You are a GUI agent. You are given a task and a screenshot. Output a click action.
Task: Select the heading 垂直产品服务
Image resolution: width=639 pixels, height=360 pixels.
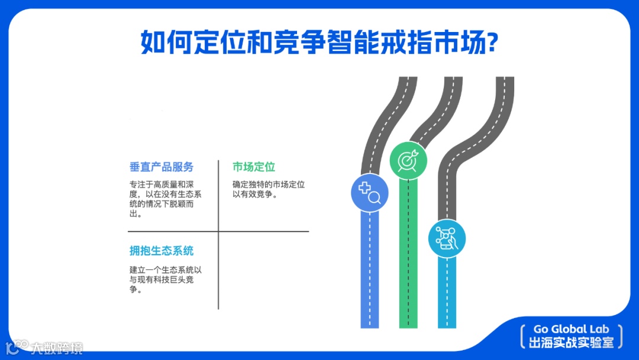[x=162, y=167]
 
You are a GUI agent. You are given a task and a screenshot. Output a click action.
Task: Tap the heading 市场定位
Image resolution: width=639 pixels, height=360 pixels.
[x=254, y=167]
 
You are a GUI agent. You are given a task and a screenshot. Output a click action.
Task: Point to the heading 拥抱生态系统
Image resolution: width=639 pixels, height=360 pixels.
[x=162, y=250]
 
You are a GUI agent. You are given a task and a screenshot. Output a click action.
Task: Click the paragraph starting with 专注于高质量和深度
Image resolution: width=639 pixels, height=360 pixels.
[x=165, y=199]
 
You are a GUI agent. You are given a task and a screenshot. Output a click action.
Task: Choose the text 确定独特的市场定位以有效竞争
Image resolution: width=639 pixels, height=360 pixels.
[x=269, y=189]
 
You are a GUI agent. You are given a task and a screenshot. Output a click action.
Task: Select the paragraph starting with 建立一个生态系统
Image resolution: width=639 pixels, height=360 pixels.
[x=165, y=279]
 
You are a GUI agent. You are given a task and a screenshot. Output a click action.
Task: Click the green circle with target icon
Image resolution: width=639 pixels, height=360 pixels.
[x=408, y=160]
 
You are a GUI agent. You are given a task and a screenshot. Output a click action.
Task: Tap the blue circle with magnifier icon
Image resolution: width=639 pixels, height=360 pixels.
[x=369, y=192]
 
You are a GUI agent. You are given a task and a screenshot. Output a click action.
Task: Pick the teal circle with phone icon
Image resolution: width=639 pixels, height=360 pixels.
[x=447, y=239]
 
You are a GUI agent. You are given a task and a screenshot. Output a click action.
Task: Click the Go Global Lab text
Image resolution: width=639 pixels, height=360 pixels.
[x=571, y=329]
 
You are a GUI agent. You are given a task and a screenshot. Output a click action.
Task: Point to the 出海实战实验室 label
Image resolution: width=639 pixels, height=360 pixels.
[x=571, y=342]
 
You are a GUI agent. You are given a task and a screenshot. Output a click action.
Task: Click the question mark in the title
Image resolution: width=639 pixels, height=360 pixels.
[x=490, y=43]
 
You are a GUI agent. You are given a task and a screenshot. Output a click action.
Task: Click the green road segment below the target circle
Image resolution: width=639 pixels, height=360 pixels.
[x=408, y=255]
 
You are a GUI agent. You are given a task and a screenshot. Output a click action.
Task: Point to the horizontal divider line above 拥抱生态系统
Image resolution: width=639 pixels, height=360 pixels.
[x=177, y=231]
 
